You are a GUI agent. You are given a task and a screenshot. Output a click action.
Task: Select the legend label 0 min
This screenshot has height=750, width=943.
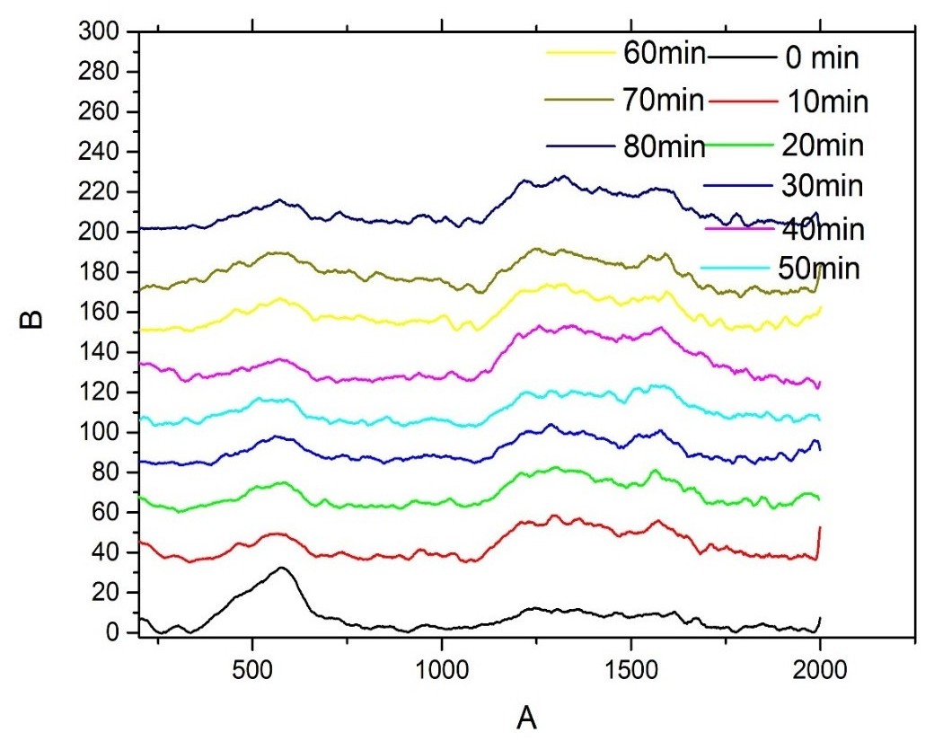point(822,59)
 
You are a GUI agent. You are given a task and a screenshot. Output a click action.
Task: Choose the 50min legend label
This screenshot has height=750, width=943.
point(819,268)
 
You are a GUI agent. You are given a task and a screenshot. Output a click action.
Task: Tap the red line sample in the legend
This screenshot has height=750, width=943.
point(741,101)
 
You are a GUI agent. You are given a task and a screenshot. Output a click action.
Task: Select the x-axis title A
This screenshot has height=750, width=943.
point(526,718)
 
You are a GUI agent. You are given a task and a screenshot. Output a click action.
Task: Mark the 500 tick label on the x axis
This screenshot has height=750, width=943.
point(252,669)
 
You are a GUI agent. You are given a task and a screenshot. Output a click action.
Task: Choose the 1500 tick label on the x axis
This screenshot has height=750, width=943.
point(630,669)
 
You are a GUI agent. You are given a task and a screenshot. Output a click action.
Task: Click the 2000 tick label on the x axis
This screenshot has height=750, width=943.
point(820,669)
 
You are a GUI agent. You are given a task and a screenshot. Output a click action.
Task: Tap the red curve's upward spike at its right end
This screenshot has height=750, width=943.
point(820,529)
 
